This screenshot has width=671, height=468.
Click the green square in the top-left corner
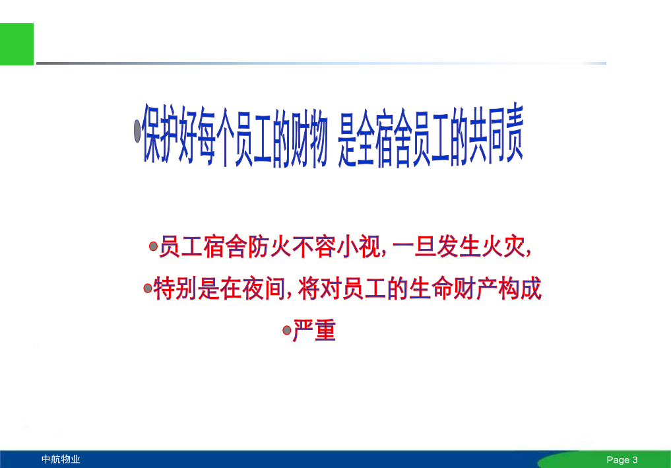[16, 44]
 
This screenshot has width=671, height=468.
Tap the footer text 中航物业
[61, 459]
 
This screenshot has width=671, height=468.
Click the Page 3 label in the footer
[622, 460]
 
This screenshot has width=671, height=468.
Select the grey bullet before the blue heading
[137, 131]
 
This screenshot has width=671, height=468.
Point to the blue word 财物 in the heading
[309, 137]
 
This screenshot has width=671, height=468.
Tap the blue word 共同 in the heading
[486, 135]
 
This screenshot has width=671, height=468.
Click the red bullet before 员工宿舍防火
[153, 246]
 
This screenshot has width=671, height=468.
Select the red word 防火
[270, 247]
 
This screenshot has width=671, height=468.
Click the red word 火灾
[504, 247]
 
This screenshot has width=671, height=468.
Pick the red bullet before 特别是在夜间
[148, 288]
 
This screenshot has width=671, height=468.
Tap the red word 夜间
[263, 288]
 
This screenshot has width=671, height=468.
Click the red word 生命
[431, 288]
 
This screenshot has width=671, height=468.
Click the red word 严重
[315, 330]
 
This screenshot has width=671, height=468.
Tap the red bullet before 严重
[287, 330]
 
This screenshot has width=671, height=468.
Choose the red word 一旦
[414, 247]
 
